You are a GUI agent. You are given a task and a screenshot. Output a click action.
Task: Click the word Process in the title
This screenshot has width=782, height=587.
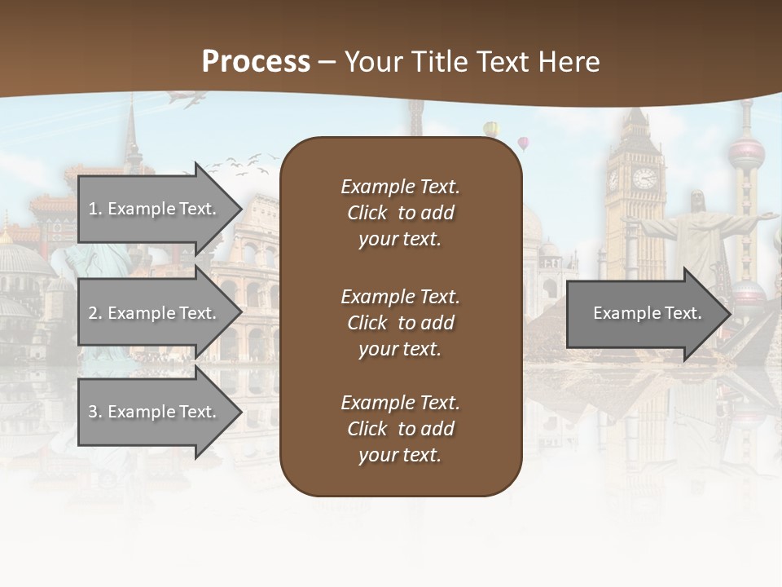click(256, 61)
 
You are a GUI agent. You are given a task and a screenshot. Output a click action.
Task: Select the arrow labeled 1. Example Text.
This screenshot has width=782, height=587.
click(155, 209)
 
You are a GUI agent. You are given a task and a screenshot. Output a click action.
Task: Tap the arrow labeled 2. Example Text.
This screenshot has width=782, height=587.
click(155, 313)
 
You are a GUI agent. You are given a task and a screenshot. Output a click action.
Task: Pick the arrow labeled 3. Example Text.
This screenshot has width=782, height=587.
click(155, 412)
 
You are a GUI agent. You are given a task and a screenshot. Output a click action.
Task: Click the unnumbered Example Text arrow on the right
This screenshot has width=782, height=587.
click(648, 313)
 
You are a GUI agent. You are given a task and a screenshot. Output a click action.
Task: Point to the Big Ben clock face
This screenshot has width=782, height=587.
click(644, 178)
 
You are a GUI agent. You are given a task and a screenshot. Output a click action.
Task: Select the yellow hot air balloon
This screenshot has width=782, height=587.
click(490, 128)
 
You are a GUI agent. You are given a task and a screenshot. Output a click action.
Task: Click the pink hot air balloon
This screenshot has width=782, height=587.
click(523, 143)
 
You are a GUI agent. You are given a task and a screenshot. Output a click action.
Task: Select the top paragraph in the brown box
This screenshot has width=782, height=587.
click(400, 213)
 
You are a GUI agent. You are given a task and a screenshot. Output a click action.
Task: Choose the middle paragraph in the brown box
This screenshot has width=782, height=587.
click(400, 323)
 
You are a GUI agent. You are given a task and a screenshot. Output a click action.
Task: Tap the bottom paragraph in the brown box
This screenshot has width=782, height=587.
click(400, 429)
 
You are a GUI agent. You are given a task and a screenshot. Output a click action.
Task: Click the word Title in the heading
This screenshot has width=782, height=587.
click(441, 61)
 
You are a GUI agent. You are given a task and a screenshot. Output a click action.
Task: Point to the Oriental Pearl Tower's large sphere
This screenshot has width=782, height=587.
click(746, 152)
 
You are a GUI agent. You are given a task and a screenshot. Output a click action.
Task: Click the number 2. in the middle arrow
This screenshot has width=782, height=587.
click(95, 313)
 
